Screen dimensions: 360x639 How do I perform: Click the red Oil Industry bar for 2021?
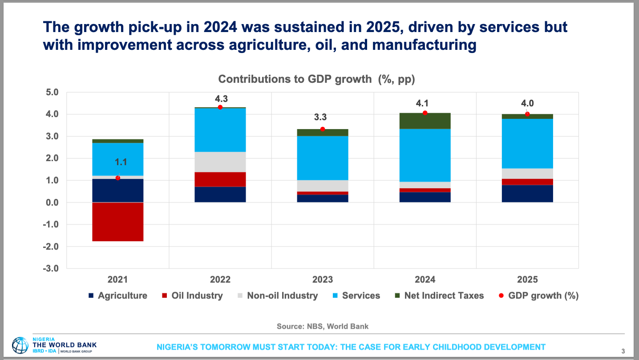pyautogui.click(x=118, y=222)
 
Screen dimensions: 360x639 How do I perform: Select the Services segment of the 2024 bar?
pyautogui.click(x=425, y=155)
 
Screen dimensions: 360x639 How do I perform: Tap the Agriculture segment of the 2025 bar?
pyautogui.click(x=527, y=194)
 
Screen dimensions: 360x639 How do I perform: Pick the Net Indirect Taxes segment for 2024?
pyautogui.click(x=425, y=121)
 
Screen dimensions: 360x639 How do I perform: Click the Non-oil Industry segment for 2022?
pyautogui.click(x=220, y=162)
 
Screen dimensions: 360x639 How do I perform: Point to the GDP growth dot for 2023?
pyautogui.click(x=323, y=129)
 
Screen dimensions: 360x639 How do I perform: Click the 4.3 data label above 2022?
pyautogui.click(x=221, y=99)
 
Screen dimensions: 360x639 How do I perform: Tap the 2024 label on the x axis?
pyautogui.click(x=425, y=280)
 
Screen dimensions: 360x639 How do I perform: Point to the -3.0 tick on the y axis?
pyautogui.click(x=51, y=268)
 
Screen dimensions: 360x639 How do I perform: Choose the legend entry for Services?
pyautogui.click(x=356, y=295)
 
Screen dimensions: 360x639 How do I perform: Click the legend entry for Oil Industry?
pyautogui.click(x=192, y=295)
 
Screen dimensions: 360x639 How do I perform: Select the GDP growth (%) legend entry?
pyautogui.click(x=538, y=295)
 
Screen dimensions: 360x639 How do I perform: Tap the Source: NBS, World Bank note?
pyautogui.click(x=323, y=326)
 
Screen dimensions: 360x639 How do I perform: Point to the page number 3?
pyautogui.click(x=623, y=350)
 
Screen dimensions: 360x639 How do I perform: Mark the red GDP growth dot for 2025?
pyautogui.click(x=527, y=114)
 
